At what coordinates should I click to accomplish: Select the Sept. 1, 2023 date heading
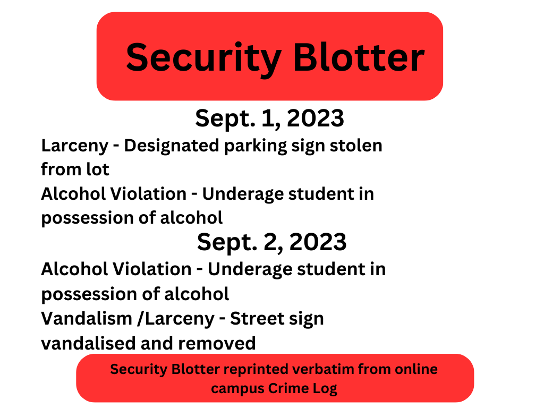269,118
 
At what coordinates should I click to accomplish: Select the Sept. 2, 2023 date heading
271,242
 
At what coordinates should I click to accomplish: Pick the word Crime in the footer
287,388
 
